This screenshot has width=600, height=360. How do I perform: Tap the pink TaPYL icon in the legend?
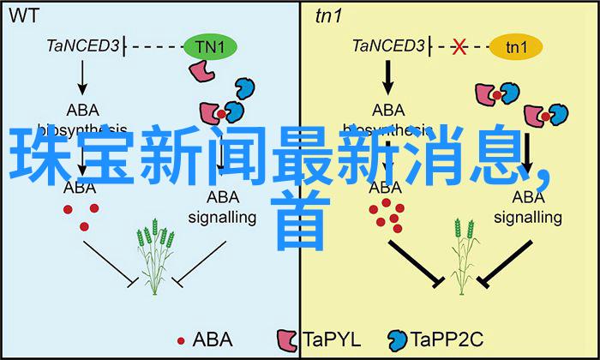pos(286,339)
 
